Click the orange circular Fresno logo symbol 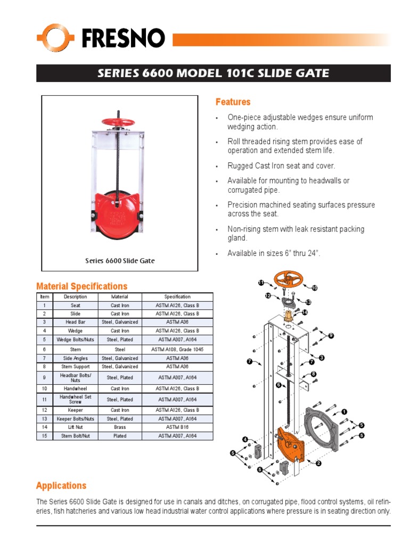click(55, 38)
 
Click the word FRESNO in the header click(123, 39)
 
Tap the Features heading click(233, 102)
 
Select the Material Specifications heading click(81, 286)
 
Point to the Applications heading click(61, 485)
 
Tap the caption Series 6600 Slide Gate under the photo click(120, 261)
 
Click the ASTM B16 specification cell click(177, 427)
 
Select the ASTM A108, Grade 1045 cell click(177, 349)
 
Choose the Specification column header click(177, 296)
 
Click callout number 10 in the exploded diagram click(314, 288)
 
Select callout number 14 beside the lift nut click(305, 312)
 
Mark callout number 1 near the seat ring click(343, 411)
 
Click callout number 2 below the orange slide click(318, 463)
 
